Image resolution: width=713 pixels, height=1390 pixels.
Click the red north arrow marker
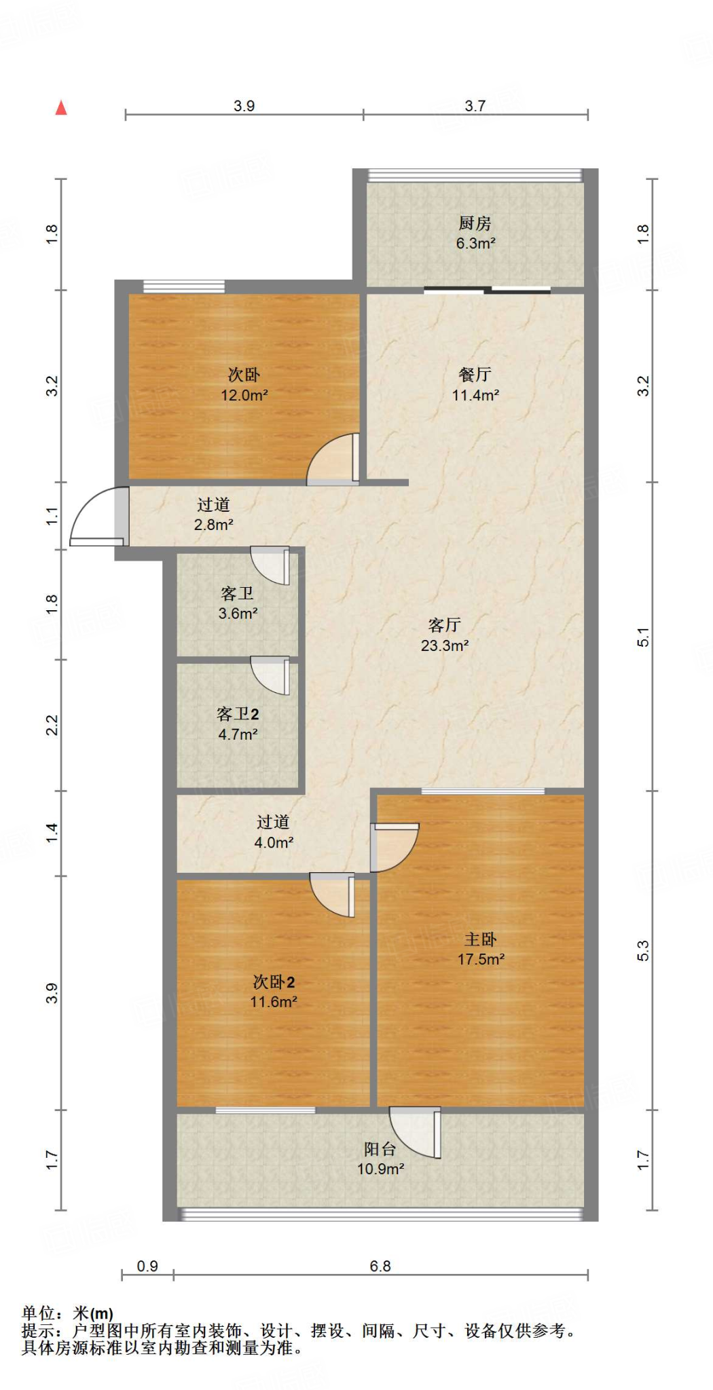pyautogui.click(x=61, y=107)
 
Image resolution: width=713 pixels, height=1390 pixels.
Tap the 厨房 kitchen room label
pyautogui.click(x=475, y=223)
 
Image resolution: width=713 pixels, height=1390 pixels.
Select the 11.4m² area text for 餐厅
pyautogui.click(x=475, y=395)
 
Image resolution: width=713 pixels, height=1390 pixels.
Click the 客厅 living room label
pyautogui.click(x=445, y=624)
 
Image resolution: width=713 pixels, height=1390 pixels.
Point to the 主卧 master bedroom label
pyautogui.click(x=481, y=939)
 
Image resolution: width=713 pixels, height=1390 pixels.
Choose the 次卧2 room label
pyautogui.click(x=274, y=982)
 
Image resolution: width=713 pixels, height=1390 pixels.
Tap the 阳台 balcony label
pyautogui.click(x=380, y=1149)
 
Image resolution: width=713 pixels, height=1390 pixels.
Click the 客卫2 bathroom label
pyautogui.click(x=238, y=714)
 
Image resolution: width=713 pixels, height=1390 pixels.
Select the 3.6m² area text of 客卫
pyautogui.click(x=238, y=614)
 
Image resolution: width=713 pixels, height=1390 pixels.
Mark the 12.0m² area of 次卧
pyautogui.click(x=244, y=395)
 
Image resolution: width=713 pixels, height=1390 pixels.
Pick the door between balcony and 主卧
pyautogui.click(x=416, y=1131)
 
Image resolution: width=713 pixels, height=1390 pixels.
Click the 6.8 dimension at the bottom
pyautogui.click(x=380, y=1266)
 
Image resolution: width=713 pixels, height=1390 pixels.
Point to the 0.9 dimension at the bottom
pyautogui.click(x=147, y=1266)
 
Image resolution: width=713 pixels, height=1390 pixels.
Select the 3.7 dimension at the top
pyautogui.click(x=475, y=106)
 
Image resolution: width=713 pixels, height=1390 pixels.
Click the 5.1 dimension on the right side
pyautogui.click(x=643, y=637)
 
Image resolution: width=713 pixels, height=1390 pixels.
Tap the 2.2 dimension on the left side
pyautogui.click(x=52, y=725)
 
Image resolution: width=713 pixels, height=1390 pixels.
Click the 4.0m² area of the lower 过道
pyautogui.click(x=274, y=842)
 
